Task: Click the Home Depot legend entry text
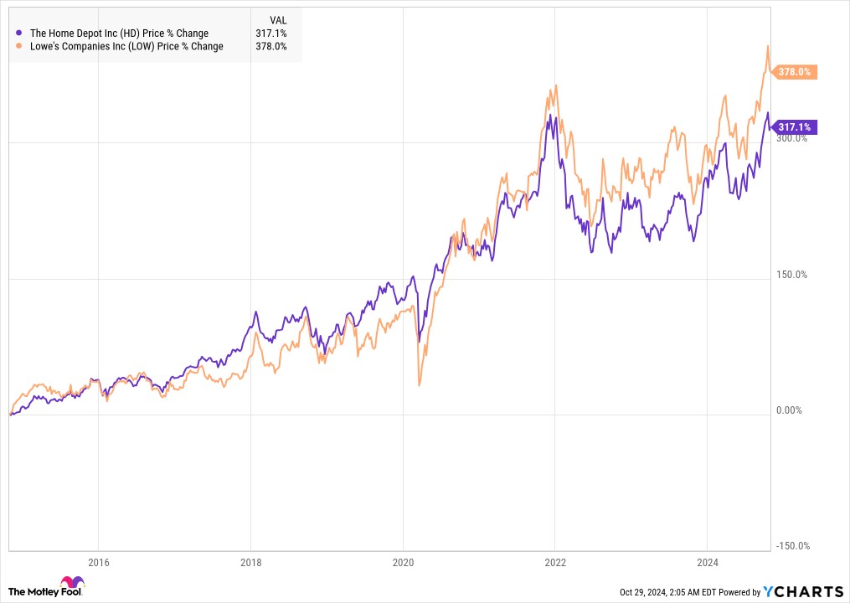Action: pyautogui.click(x=119, y=33)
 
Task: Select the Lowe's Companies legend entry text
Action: pyautogui.click(x=126, y=47)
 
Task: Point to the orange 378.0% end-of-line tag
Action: pyautogui.click(x=794, y=72)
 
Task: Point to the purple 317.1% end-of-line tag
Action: pyautogui.click(x=794, y=127)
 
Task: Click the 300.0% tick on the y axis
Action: pyautogui.click(x=791, y=138)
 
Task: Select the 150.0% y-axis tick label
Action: pyautogui.click(x=791, y=275)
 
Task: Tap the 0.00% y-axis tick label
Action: pyautogui.click(x=789, y=410)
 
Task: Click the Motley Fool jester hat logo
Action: pyautogui.click(x=71, y=584)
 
